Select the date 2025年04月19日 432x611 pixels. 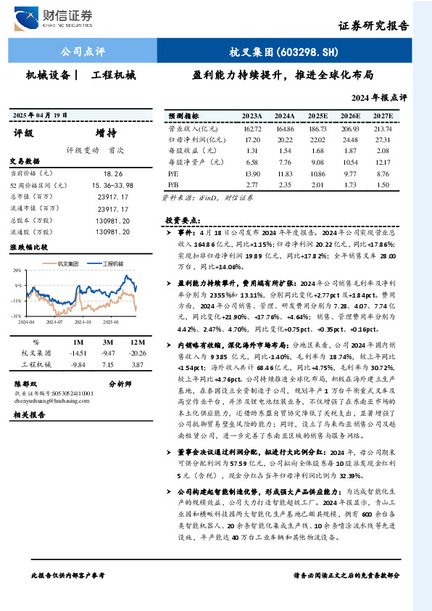tap(41, 115)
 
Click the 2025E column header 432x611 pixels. tap(317, 115)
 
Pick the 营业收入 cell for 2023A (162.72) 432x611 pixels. tap(252, 128)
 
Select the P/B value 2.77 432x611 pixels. tap(252, 186)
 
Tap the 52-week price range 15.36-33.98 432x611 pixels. tap(113, 185)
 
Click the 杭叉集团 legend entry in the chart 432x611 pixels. tap(67, 263)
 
